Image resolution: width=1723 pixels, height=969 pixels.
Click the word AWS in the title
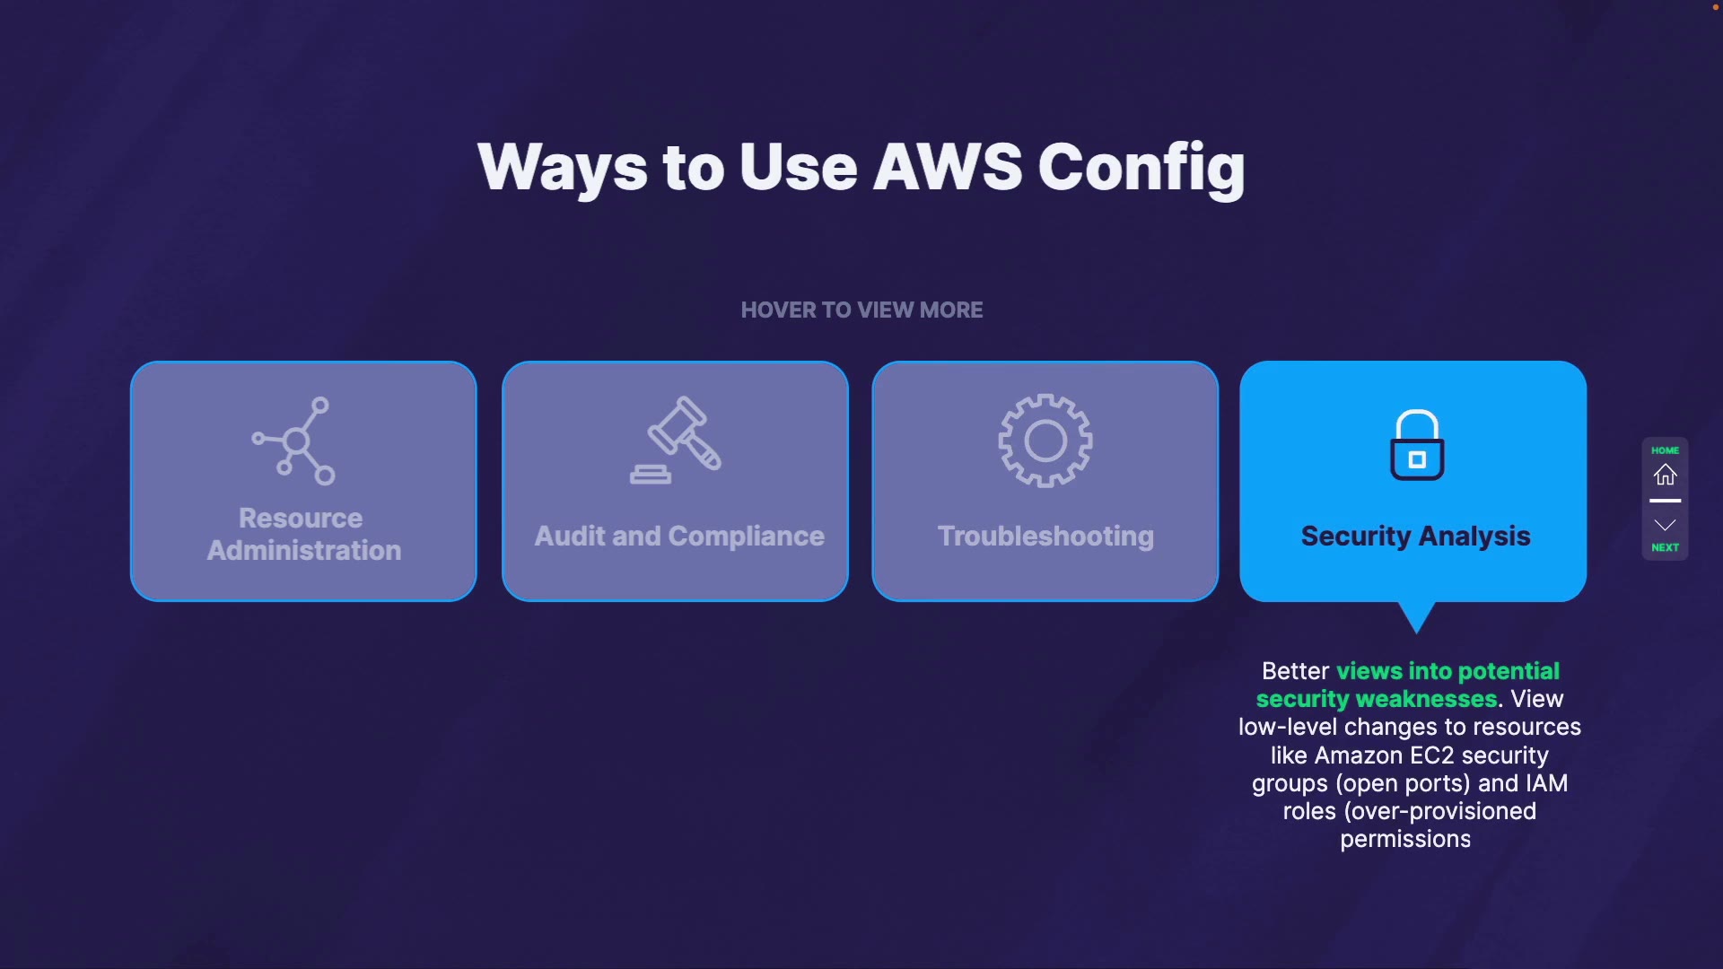pos(947,167)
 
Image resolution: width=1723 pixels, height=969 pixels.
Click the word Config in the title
pos(1141,169)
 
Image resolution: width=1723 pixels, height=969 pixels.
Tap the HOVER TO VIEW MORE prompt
pos(861,310)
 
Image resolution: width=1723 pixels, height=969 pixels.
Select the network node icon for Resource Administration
pos(294,441)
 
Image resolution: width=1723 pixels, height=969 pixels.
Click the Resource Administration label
pos(303,535)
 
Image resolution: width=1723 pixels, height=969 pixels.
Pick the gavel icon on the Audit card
pos(678,440)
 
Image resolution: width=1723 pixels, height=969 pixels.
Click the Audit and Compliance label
pos(679,537)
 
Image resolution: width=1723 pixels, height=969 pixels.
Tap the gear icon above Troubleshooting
pos(1045,441)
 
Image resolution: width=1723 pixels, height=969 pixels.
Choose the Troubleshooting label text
pos(1045,537)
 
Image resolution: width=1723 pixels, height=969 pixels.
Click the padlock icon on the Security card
pos(1417,446)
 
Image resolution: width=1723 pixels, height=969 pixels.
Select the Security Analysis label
pos(1415,537)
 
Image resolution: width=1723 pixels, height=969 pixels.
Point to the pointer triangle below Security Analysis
pos(1417,616)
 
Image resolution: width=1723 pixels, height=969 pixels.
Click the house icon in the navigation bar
pos(1666,475)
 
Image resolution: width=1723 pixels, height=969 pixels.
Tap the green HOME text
pos(1665,450)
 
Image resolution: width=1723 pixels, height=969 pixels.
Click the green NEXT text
pos(1665,547)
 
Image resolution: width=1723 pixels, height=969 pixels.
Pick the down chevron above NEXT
pos(1666,525)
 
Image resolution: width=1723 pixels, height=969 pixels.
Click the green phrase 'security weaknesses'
pos(1377,699)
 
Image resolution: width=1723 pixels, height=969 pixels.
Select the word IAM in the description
pos(1546,783)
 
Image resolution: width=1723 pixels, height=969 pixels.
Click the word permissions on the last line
pos(1405,840)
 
